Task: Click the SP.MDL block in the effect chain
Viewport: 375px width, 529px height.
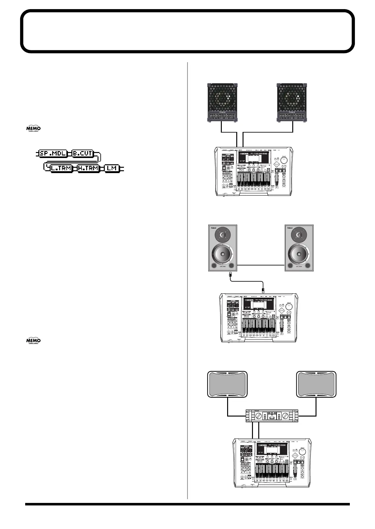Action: [53, 154]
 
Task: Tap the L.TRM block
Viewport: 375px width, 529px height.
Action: [61, 168]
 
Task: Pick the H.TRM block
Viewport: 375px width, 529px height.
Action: [88, 168]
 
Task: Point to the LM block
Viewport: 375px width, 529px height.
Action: [112, 168]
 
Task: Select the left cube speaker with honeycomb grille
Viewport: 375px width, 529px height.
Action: [222, 102]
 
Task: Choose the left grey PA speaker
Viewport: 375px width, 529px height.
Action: [227, 384]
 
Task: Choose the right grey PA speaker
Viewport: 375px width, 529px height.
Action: [316, 384]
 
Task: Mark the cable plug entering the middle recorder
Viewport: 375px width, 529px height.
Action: [263, 290]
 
